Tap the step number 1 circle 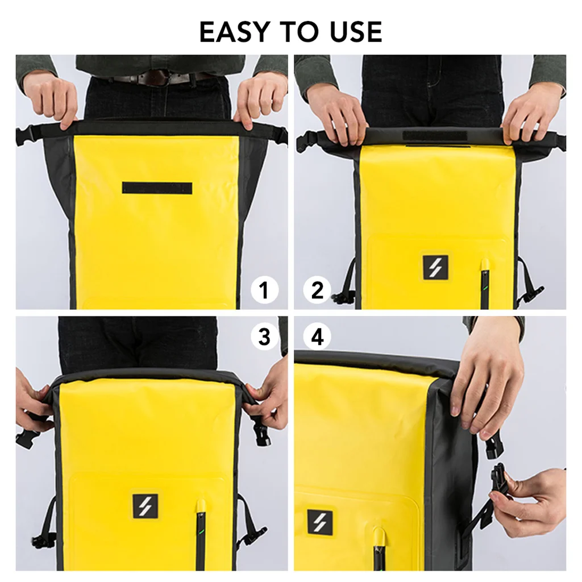click(x=264, y=291)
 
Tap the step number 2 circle click(x=317, y=291)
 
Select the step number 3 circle click(x=264, y=336)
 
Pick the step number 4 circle click(x=317, y=338)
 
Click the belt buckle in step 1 click(x=152, y=78)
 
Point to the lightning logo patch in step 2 click(x=435, y=268)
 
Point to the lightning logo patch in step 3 click(x=145, y=506)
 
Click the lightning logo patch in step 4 click(x=320, y=522)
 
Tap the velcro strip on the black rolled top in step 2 click(x=435, y=136)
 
